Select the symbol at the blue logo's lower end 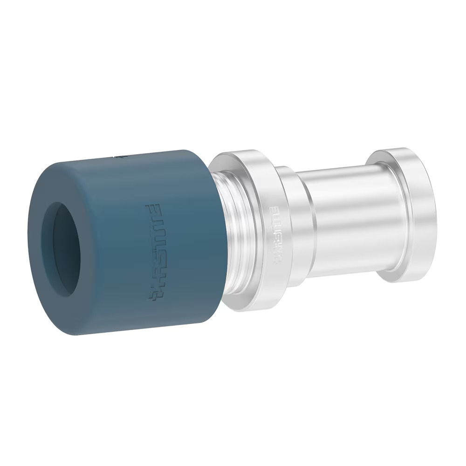154,294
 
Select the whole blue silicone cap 126,242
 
